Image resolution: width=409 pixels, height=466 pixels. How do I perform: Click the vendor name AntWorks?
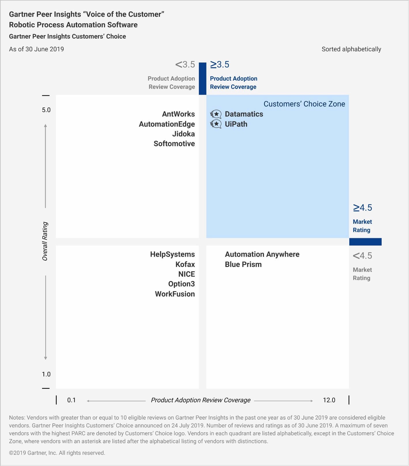[178, 114]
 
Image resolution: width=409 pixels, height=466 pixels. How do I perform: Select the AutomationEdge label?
[167, 124]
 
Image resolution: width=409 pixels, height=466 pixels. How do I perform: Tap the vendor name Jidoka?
[183, 134]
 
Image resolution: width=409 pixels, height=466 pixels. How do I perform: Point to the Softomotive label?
[174, 144]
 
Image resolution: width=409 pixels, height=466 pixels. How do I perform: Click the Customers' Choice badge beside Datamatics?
[216, 114]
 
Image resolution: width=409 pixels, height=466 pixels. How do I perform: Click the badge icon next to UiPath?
[216, 124]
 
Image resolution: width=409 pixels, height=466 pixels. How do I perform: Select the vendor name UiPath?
[236, 124]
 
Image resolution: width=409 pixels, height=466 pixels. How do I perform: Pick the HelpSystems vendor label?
[172, 254]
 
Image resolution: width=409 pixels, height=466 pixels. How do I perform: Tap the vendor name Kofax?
[185, 264]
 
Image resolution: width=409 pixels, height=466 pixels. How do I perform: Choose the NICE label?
[186, 274]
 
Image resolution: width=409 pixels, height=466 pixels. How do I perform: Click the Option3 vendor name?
[181, 284]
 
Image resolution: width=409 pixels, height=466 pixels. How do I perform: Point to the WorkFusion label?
[175, 294]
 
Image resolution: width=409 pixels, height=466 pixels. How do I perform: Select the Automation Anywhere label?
[262, 254]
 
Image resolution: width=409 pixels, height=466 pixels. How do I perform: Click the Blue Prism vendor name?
[243, 264]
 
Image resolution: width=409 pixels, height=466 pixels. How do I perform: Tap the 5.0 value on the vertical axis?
[46, 110]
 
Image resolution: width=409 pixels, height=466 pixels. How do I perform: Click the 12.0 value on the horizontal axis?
[329, 400]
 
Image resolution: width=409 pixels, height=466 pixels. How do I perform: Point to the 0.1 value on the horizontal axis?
[71, 400]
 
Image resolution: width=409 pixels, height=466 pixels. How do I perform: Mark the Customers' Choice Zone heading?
[304, 104]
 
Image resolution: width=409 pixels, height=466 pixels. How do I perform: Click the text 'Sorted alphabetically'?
[351, 49]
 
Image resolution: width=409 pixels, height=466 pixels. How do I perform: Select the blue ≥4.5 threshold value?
[363, 208]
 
